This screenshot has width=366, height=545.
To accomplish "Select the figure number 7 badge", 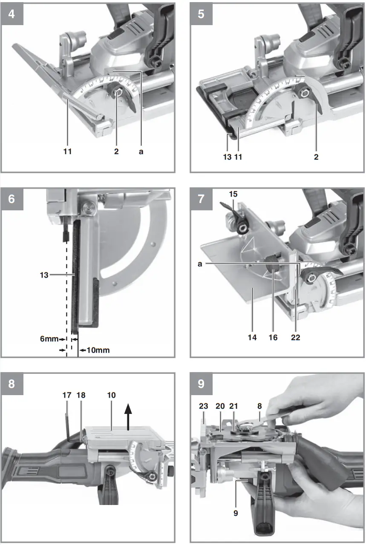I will coord(201,198).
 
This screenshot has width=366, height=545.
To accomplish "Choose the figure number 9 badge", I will coord(201,383).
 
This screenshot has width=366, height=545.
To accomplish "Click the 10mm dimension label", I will coord(98,350).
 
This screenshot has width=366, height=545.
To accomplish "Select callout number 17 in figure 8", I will coord(67,395).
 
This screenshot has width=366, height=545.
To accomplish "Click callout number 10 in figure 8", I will coord(111,395).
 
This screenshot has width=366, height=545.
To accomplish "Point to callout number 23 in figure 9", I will coord(203,406).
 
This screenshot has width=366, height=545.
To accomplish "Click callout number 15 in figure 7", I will coord(233,194).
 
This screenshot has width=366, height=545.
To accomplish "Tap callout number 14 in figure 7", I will coord(252,337).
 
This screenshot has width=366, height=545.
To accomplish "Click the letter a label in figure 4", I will coord(141,151).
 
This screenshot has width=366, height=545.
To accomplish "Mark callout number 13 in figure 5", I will coord(227,157).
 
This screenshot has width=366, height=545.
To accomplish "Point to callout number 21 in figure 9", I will coord(233,406).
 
